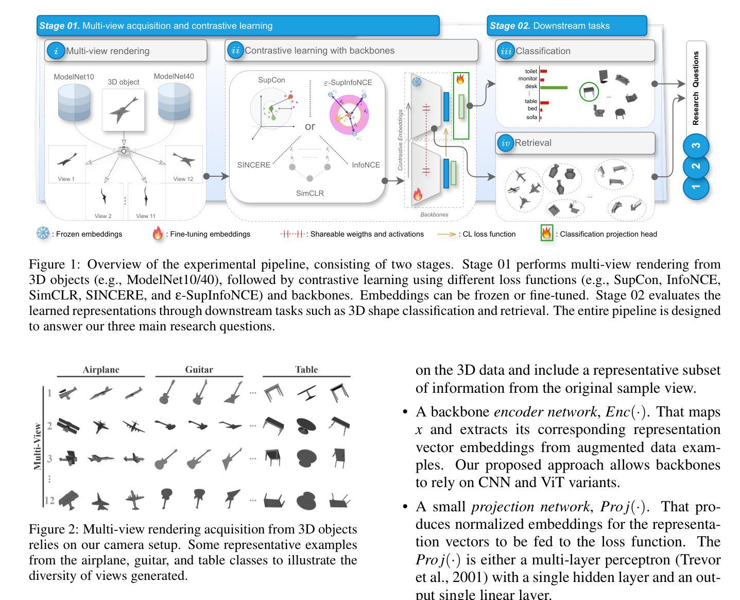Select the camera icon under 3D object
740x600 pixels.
(x=124, y=151)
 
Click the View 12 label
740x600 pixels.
(x=183, y=179)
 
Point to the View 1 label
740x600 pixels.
(x=66, y=179)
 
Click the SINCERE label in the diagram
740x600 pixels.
(x=253, y=165)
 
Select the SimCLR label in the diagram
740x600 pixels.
(x=310, y=193)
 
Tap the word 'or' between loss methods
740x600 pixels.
(x=310, y=126)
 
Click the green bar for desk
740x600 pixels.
(x=554, y=88)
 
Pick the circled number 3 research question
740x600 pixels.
(x=696, y=146)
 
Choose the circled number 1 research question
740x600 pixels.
(x=696, y=187)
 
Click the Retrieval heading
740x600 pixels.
(x=533, y=143)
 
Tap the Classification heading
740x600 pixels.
(x=543, y=51)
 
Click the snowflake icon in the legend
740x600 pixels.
(x=43, y=234)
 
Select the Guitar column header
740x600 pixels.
(x=199, y=370)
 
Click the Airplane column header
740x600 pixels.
(x=101, y=370)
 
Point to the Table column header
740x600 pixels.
(x=306, y=370)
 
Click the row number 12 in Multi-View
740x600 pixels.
(x=49, y=499)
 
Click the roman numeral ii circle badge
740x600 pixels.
(x=235, y=51)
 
